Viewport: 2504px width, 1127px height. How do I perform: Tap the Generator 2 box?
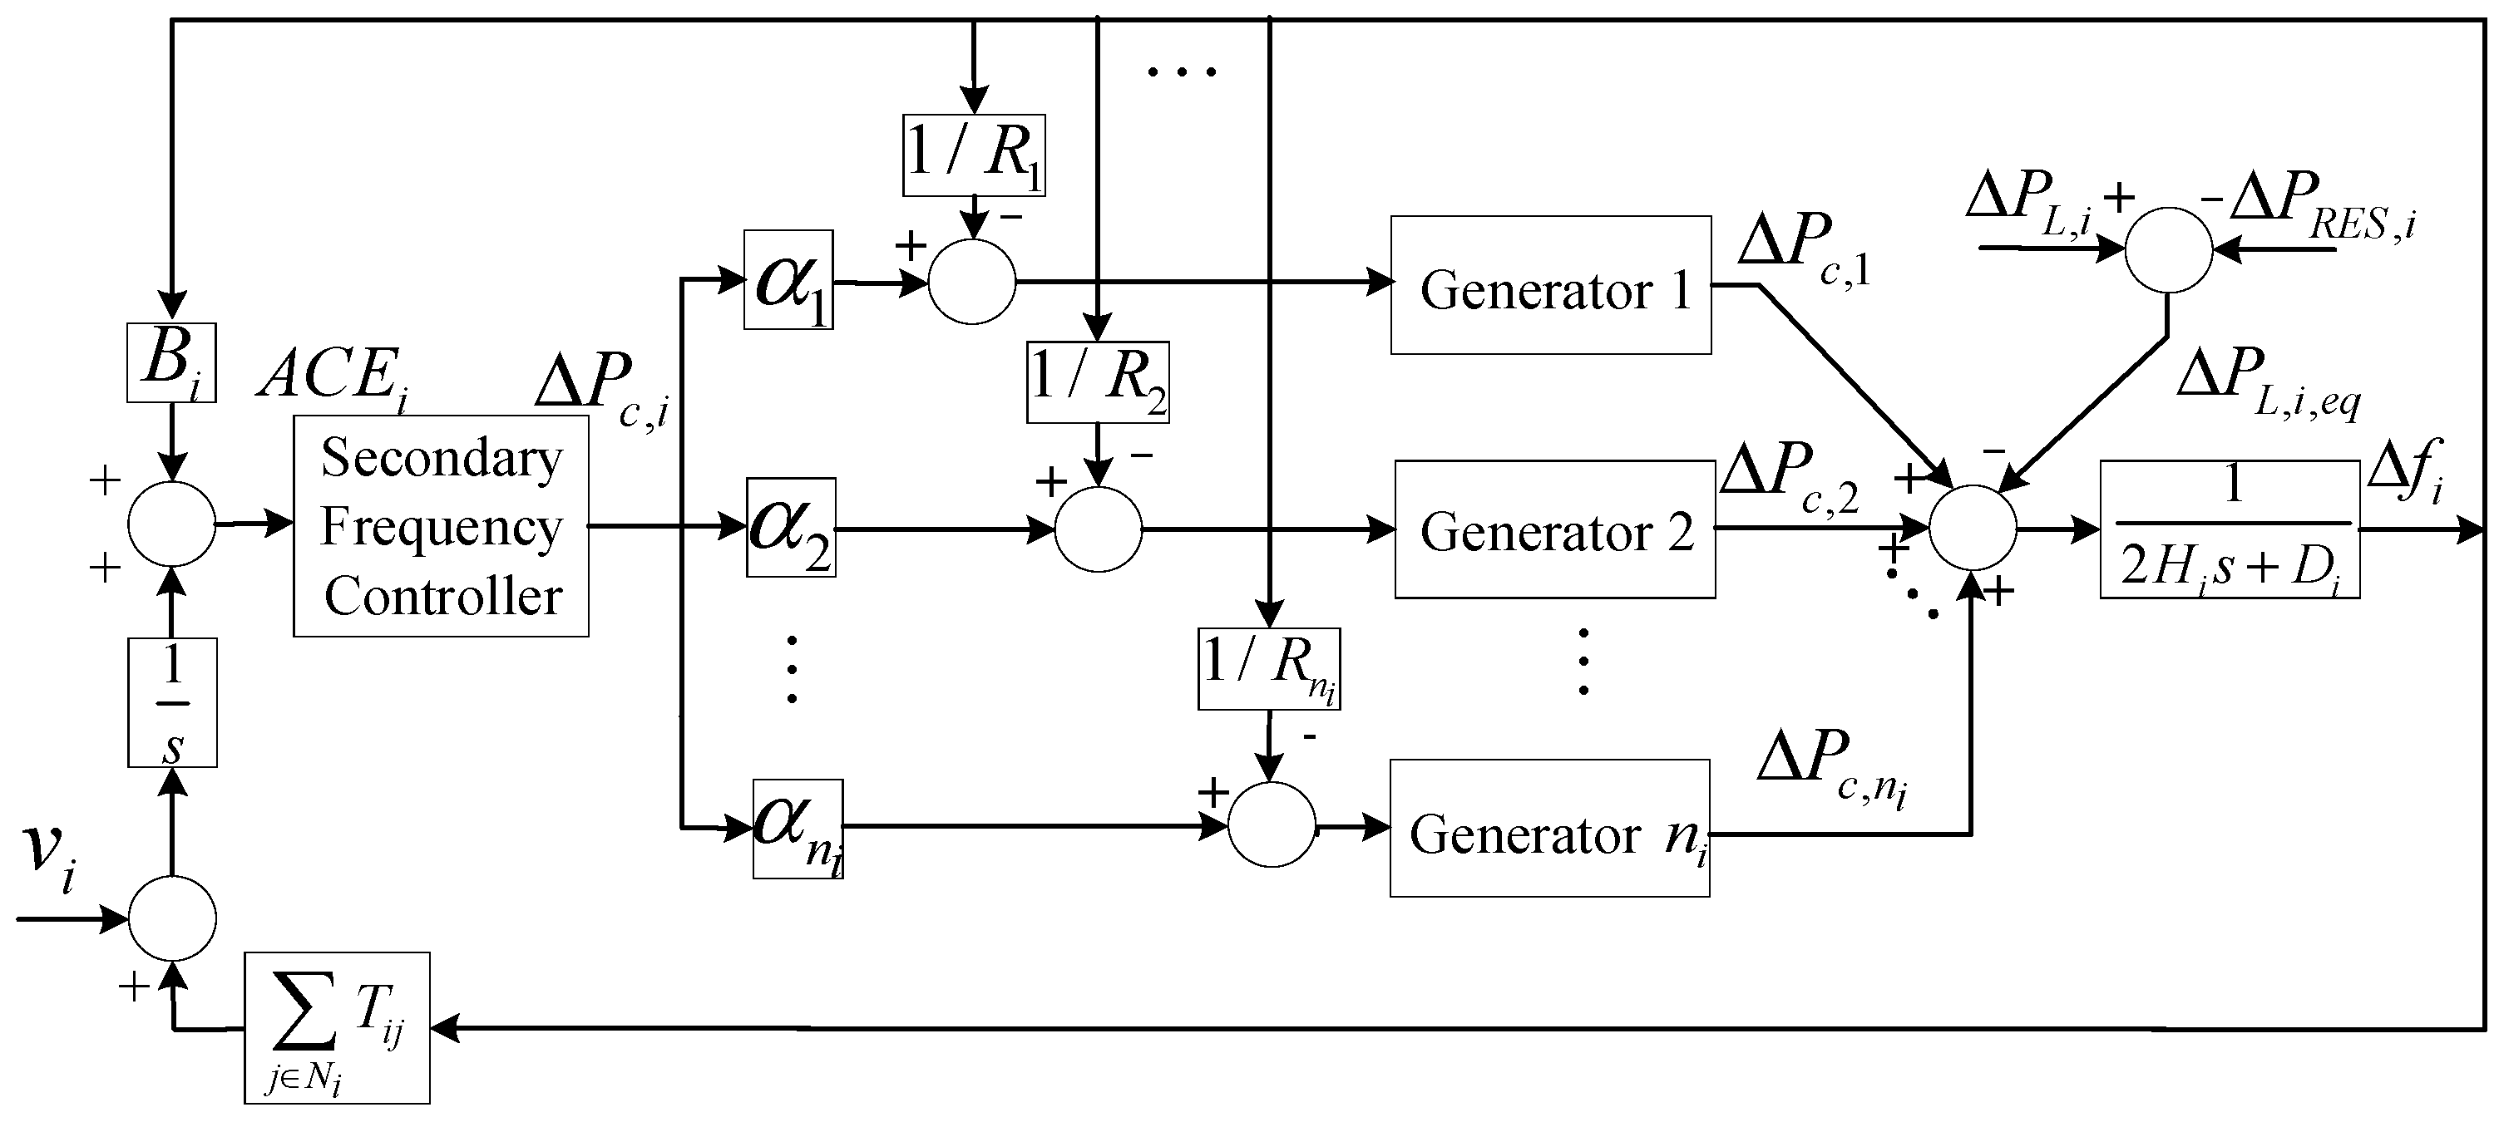[x=1554, y=529]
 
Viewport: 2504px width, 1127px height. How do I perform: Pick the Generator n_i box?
[x=1549, y=829]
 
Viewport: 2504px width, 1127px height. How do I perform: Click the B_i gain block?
[x=171, y=362]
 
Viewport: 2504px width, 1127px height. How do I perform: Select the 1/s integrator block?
[x=172, y=702]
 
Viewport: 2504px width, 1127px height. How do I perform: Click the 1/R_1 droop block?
[x=974, y=155]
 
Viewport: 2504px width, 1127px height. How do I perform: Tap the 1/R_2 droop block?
[x=1098, y=381]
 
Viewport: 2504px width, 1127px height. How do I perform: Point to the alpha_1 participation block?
[x=788, y=280]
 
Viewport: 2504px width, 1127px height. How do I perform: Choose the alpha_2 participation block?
[x=790, y=528]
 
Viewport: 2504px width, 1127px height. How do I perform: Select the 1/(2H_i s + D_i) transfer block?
[x=2230, y=529]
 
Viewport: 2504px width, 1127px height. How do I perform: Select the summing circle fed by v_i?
[x=172, y=919]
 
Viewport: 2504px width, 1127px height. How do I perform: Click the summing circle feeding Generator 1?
[x=972, y=282]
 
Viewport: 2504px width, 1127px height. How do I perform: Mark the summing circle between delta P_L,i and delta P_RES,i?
[x=2169, y=249]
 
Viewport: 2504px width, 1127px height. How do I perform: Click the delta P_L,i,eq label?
[x=2267, y=383]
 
